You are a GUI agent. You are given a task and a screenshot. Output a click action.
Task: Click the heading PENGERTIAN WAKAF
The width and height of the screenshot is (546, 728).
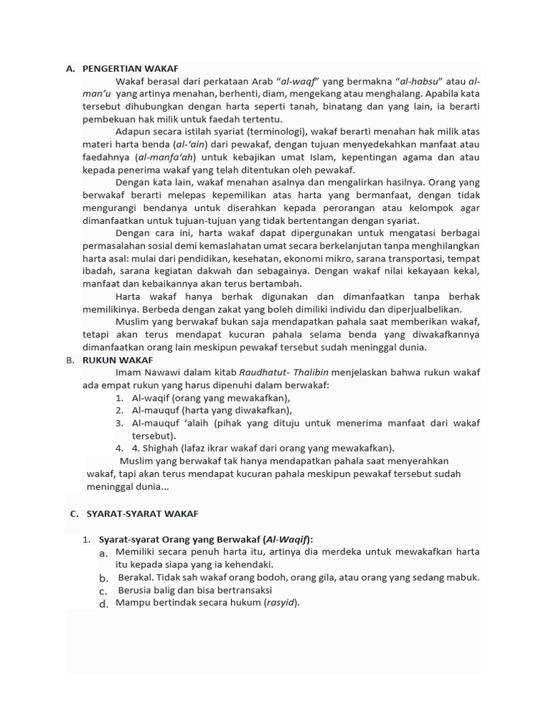coord(130,69)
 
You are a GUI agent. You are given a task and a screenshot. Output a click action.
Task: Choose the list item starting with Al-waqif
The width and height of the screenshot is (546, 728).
coord(211,398)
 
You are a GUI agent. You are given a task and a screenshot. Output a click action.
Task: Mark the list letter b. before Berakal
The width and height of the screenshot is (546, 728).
coord(104,578)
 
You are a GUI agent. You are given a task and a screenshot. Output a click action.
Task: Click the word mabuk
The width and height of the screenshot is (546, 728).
coord(464,577)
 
